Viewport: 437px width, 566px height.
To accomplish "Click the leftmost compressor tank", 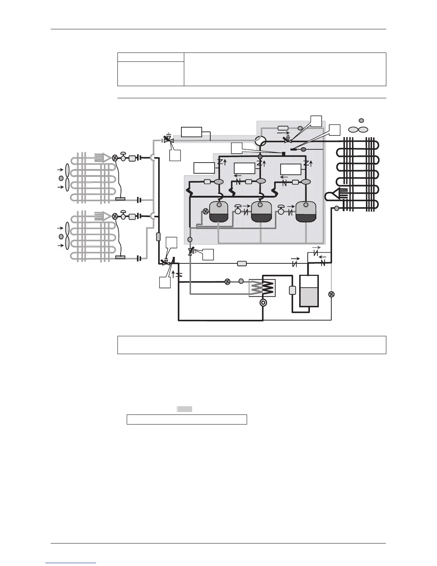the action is [218, 212].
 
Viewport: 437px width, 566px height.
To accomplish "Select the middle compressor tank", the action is [261, 212].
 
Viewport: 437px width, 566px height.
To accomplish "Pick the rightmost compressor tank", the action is [306, 212].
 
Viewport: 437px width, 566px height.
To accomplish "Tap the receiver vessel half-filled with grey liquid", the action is [309, 291].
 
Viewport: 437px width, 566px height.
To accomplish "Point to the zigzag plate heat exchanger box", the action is [263, 288].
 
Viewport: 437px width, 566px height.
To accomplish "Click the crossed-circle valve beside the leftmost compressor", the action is [205, 211].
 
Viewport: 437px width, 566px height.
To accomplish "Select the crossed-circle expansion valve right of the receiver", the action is [331, 294].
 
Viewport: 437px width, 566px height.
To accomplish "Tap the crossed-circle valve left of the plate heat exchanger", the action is [227, 282].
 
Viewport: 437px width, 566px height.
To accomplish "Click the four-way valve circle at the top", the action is [260, 140].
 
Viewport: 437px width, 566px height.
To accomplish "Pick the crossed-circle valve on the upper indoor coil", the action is [115, 158].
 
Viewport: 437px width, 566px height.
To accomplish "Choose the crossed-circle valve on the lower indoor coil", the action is [115, 216].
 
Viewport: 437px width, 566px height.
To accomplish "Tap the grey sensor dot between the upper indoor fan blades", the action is [61, 178].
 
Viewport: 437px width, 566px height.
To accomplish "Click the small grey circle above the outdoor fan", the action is [361, 120].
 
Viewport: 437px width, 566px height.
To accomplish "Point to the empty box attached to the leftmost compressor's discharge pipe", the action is [204, 168].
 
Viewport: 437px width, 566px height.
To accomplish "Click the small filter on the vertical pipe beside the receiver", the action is [292, 290].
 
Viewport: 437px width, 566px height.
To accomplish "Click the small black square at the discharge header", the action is [283, 154].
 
